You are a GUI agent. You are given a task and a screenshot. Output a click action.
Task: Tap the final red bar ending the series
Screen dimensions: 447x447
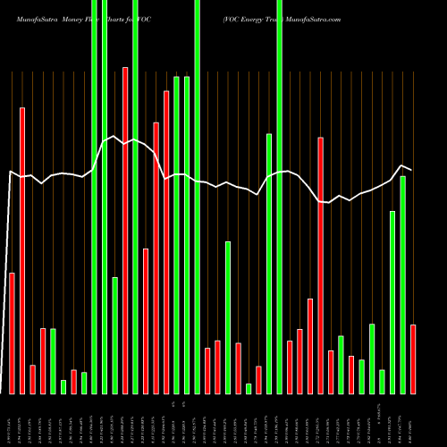point(413,358)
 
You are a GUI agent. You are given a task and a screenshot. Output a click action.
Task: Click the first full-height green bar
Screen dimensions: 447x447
point(94,197)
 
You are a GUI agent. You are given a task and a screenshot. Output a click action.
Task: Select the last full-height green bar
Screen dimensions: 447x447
point(280,197)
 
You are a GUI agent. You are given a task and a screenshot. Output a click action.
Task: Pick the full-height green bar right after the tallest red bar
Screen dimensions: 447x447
point(135,197)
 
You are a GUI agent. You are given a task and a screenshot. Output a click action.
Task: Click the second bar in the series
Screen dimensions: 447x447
point(22,250)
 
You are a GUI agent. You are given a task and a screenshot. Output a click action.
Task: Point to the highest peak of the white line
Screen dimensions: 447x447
point(114,136)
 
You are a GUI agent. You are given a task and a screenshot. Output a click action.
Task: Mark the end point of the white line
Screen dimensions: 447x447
point(411,170)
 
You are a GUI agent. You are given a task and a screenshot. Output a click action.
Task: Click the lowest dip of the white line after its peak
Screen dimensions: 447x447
point(329,203)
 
